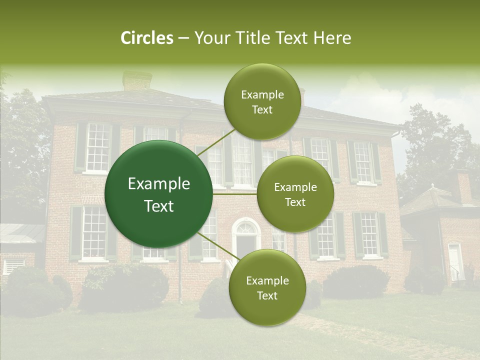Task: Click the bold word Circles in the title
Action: pyautogui.click(x=146, y=38)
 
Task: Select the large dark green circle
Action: pyautogui.click(x=159, y=194)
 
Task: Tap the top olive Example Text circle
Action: pyautogui.click(x=262, y=102)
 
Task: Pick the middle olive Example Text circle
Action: pyautogui.click(x=295, y=194)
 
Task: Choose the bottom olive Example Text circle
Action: pyautogui.click(x=267, y=288)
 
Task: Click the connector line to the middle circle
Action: pyautogui.click(x=235, y=193)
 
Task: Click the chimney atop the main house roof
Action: pyautogui.click(x=137, y=80)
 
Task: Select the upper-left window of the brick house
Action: pyautogui.click(x=97, y=147)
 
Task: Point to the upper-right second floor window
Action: pyautogui.click(x=362, y=161)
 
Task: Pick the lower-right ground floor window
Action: pyautogui.click(x=369, y=234)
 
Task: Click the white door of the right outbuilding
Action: pyautogui.click(x=454, y=261)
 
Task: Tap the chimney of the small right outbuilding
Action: pyautogui.click(x=462, y=186)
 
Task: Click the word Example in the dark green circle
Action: pyautogui.click(x=159, y=184)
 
